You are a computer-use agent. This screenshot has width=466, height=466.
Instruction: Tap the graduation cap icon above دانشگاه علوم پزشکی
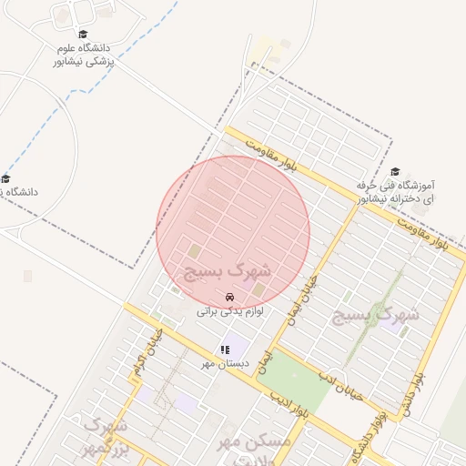pos(83,35)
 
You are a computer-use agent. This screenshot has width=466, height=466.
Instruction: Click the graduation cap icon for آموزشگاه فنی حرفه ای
pos(395,172)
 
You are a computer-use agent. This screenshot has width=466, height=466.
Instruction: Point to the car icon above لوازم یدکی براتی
pos(229,298)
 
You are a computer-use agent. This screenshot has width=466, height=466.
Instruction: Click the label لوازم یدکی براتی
pos(230,311)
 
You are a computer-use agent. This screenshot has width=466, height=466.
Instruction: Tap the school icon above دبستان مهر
pos(224,349)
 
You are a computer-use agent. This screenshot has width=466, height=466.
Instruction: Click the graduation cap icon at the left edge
pos(5,178)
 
